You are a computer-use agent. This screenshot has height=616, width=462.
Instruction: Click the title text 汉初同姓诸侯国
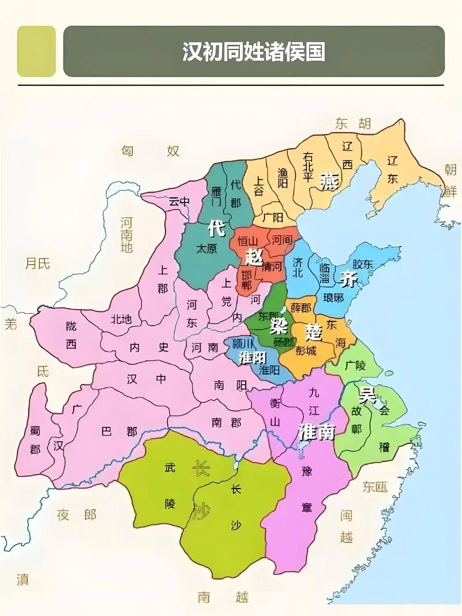click(x=254, y=52)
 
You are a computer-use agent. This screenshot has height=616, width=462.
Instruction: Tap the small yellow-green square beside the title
click(x=36, y=51)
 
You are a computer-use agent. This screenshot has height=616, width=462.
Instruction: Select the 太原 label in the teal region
click(x=206, y=249)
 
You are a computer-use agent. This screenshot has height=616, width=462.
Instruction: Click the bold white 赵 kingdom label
click(x=254, y=257)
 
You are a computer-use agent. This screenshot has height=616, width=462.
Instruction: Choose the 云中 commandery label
click(x=179, y=201)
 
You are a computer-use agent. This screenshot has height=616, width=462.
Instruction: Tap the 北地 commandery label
click(x=121, y=319)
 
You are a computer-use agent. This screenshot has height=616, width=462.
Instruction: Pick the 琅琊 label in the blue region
click(x=333, y=298)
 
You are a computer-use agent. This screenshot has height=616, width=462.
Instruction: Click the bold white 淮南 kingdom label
click(x=317, y=432)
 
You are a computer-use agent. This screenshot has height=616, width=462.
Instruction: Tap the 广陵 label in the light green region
click(x=355, y=366)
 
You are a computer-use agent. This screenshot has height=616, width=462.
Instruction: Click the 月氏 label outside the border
click(x=38, y=264)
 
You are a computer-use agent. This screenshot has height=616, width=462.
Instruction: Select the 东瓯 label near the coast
click(x=375, y=487)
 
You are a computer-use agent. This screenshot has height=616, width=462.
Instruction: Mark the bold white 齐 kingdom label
click(x=349, y=279)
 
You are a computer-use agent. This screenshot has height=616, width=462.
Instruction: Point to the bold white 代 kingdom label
click(x=217, y=228)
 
